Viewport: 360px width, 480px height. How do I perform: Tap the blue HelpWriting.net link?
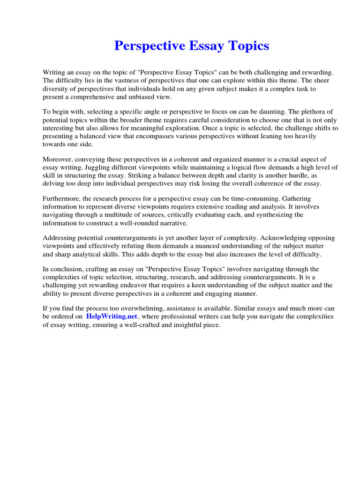click(112, 316)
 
